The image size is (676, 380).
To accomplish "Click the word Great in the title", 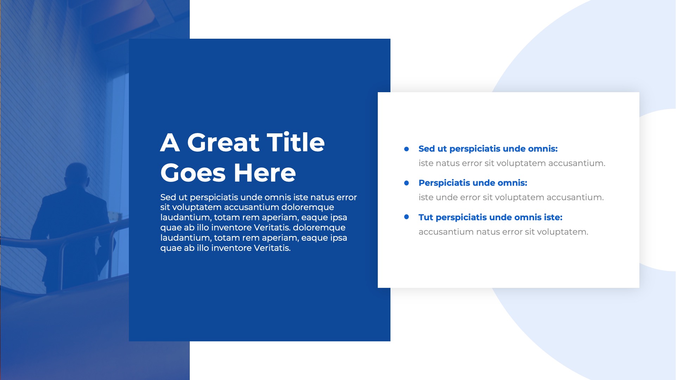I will point(223,142).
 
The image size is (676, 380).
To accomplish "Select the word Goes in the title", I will point(193,173).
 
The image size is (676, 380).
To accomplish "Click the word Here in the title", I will point(265,173).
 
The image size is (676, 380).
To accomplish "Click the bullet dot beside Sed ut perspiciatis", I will point(407,149).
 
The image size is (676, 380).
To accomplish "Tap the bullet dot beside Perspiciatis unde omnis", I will point(407,183).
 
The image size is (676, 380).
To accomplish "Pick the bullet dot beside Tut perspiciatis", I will point(407,217).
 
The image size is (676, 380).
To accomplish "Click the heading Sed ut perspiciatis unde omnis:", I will point(488,149).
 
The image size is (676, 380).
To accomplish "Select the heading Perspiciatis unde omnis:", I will point(473,183).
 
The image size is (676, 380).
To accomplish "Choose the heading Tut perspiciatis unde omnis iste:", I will point(490,217).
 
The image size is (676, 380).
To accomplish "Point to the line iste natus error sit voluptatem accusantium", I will point(512,163).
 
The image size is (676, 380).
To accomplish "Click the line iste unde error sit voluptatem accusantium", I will point(511,197).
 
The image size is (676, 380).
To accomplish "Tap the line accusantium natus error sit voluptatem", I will point(503,232).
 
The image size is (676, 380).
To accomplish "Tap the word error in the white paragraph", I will point(346,197).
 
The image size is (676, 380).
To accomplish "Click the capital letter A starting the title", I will point(170,142).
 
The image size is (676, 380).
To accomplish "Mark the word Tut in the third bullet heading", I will point(426,217).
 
